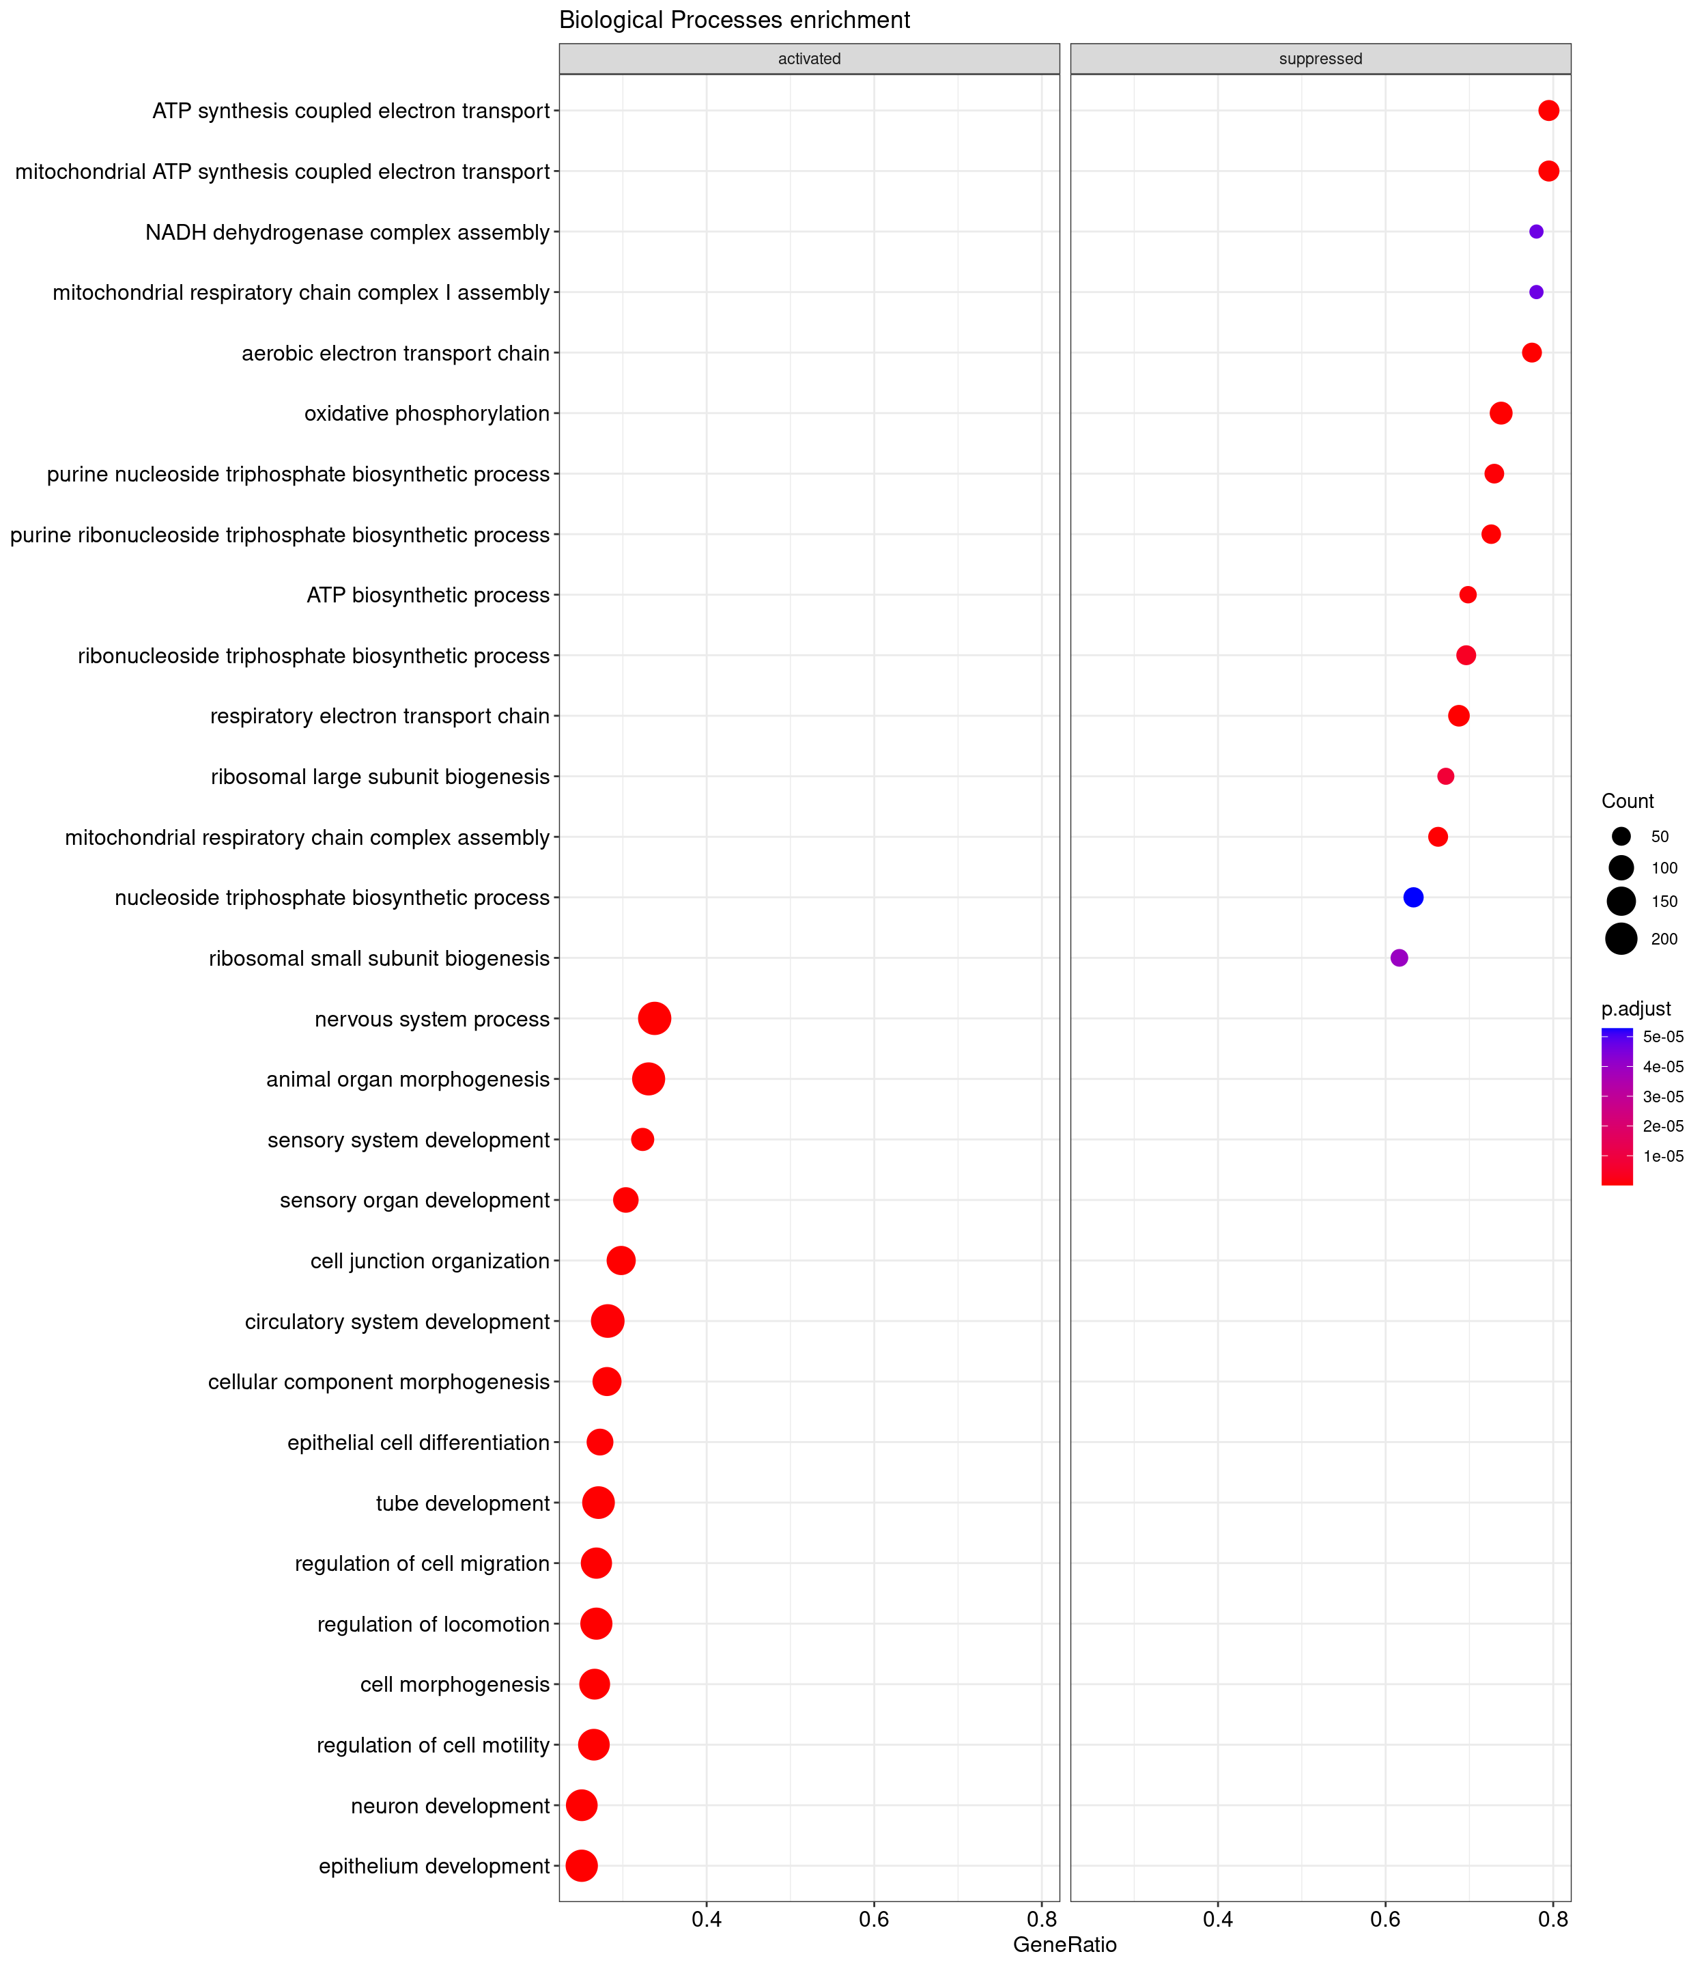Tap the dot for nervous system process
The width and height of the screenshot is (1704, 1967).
pyautogui.click(x=654, y=1019)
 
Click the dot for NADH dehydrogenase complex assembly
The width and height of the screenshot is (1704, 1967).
pyautogui.click(x=1535, y=232)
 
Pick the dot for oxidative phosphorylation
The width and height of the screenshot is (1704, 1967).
pyautogui.click(x=1501, y=413)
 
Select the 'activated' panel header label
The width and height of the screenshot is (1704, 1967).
pyautogui.click(x=809, y=59)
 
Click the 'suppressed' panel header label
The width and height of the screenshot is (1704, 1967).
pyautogui.click(x=1320, y=59)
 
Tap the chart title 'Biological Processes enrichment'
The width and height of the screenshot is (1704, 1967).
pyautogui.click(x=734, y=20)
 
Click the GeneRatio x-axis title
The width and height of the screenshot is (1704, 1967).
pyautogui.click(x=1064, y=1944)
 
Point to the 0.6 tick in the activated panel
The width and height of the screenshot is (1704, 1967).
pyautogui.click(x=874, y=1919)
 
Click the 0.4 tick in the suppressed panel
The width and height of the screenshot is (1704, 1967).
pyautogui.click(x=1217, y=1919)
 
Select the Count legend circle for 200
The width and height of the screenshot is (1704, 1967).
pyautogui.click(x=1621, y=939)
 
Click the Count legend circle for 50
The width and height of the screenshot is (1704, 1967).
pyautogui.click(x=1621, y=837)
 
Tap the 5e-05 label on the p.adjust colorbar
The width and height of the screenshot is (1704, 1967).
pyautogui.click(x=1663, y=1037)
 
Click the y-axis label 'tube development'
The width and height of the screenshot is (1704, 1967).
pyautogui.click(x=462, y=1503)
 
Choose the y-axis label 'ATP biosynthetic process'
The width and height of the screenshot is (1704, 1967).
pyautogui.click(x=428, y=596)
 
